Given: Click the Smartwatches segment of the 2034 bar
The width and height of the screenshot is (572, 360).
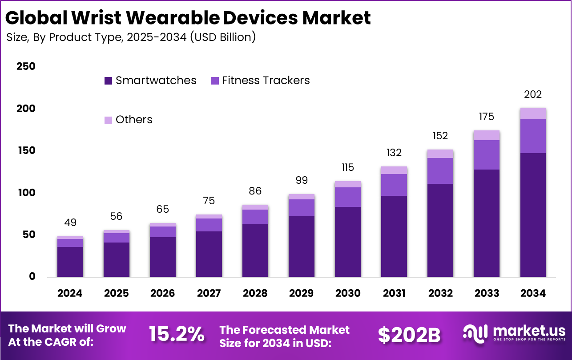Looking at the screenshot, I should tap(533, 214).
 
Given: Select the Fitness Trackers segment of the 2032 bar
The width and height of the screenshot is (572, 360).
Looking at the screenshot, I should tap(440, 171).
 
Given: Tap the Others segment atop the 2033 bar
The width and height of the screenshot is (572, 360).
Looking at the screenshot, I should tap(487, 135).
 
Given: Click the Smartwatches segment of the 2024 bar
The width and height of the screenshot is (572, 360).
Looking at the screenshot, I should tap(70, 262).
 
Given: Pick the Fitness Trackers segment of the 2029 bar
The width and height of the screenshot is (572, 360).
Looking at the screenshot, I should tap(302, 208).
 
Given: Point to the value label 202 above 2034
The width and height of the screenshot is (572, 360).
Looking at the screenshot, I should tap(533, 95).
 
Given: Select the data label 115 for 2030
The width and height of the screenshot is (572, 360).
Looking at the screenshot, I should tap(348, 168).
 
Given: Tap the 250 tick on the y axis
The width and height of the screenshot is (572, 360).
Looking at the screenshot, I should tap(26, 67).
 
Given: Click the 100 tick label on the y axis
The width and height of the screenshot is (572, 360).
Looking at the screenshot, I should tap(26, 193).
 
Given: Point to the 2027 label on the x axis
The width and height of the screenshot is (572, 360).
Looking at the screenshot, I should tap(209, 294).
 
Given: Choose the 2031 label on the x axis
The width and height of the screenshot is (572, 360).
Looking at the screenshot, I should tap(394, 294).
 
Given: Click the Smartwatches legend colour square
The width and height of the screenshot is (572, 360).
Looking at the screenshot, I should tap(109, 81).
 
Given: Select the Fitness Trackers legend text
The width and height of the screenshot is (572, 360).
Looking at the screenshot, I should tap(266, 81).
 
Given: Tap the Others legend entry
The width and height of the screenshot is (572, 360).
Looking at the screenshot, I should tap(133, 120).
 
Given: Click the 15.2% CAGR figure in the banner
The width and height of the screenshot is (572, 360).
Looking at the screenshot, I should tap(177, 335).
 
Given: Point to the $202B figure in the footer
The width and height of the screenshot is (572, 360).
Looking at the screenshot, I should tap(409, 335).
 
